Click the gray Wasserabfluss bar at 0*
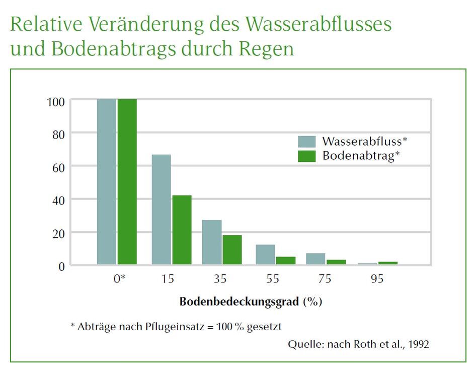click(106, 181)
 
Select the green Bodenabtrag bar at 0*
click(127, 181)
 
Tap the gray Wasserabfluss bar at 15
click(162, 209)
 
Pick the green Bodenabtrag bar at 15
click(182, 230)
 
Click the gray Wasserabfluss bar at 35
click(212, 242)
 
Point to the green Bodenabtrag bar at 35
click(232, 250)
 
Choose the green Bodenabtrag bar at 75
click(336, 262)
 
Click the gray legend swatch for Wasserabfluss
click(307, 141)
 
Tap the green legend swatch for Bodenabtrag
click(307, 156)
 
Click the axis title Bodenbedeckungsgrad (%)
click(251, 302)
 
